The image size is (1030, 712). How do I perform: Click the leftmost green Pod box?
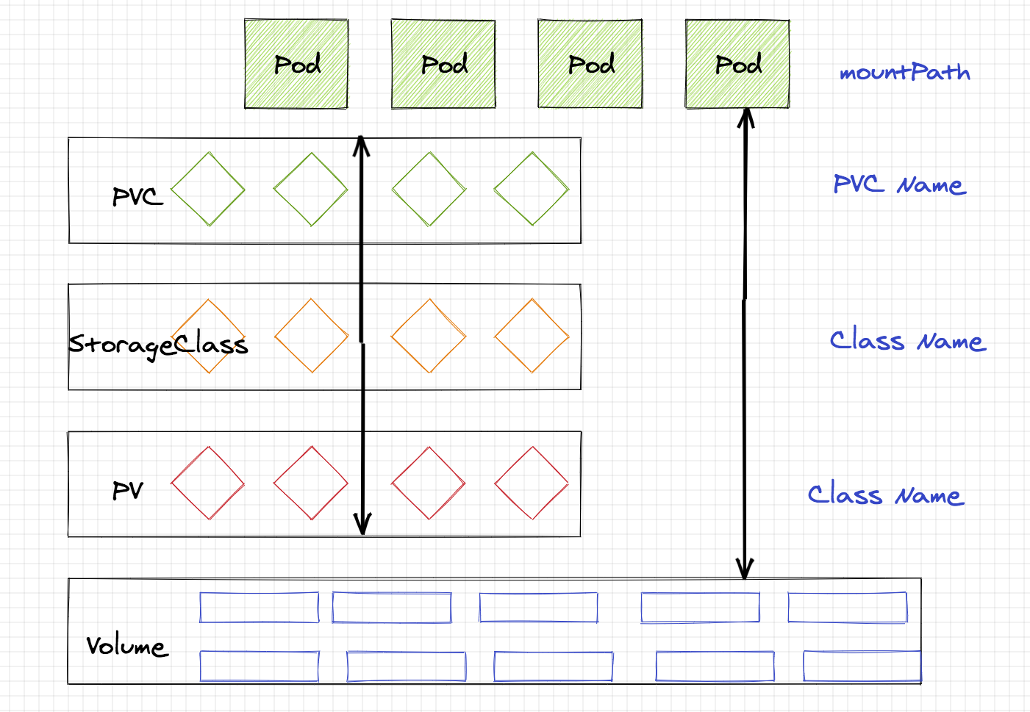tap(296, 65)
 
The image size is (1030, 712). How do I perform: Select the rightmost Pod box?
tap(737, 65)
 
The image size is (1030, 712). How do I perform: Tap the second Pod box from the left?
tap(443, 65)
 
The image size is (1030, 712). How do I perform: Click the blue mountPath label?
tap(904, 72)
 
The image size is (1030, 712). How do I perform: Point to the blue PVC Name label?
tap(899, 184)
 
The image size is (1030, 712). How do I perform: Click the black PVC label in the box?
tap(137, 196)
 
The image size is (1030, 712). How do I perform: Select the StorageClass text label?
tap(158, 344)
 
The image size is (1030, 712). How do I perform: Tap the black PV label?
tap(128, 490)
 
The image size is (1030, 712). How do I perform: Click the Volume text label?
tap(126, 646)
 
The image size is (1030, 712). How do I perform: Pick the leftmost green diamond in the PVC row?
tap(208, 189)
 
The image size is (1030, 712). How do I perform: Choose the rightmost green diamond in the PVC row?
tap(532, 189)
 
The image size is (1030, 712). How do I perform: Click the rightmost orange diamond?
tap(532, 336)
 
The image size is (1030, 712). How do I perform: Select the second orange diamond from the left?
tap(311, 336)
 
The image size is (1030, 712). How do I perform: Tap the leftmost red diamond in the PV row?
tap(208, 483)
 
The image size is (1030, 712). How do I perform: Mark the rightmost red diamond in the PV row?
tap(532, 483)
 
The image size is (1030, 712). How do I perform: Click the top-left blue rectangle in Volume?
tap(260, 608)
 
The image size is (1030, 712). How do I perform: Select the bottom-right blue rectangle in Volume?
tap(862, 666)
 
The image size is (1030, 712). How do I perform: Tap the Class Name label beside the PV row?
tap(886, 495)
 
